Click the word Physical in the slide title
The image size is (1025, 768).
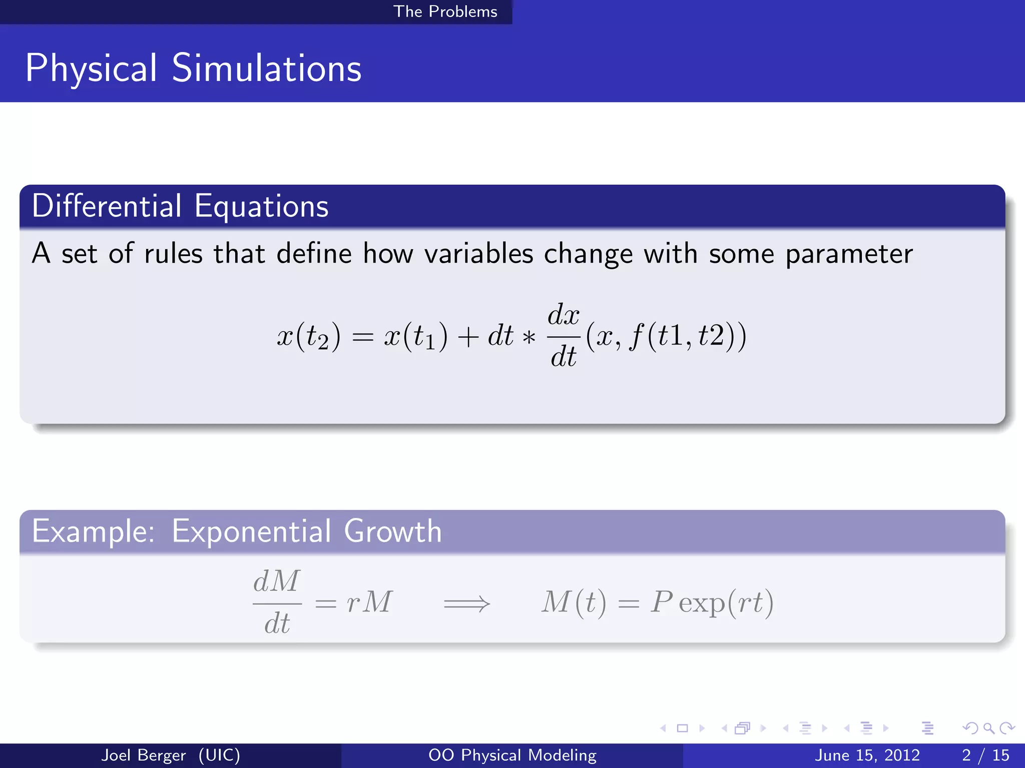tap(91, 68)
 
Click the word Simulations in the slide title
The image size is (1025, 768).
tap(266, 68)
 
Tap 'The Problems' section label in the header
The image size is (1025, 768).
tap(445, 11)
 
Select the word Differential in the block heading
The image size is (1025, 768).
tap(107, 206)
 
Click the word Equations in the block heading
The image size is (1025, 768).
tap(261, 206)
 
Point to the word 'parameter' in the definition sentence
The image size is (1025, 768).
tap(849, 254)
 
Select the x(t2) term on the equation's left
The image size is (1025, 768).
tap(309, 336)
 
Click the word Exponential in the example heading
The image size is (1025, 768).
tap(251, 531)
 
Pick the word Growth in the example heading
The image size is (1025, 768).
tap(393, 531)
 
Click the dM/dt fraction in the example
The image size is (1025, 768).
tap(277, 602)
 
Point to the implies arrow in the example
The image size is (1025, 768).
tap(466, 603)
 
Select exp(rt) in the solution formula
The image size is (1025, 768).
tap(726, 602)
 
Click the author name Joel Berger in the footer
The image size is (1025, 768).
tap(143, 755)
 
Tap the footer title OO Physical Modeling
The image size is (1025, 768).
tap(512, 755)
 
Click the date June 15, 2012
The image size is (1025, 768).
tap(867, 755)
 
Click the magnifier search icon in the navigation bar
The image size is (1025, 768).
tap(988, 728)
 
